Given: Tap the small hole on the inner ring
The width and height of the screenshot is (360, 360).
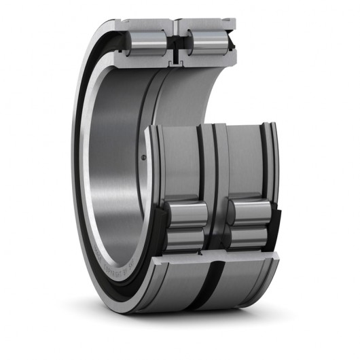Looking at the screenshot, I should (x=145, y=158).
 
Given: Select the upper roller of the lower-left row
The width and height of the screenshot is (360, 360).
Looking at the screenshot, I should (x=187, y=214).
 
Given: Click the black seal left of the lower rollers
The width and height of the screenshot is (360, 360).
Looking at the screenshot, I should (x=158, y=231).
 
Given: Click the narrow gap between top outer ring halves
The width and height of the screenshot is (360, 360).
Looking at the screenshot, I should (x=175, y=26).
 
